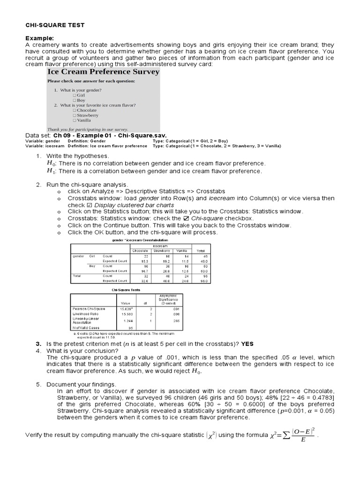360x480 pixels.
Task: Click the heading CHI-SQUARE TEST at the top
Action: (55, 25)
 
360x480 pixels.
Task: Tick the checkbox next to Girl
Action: (74, 95)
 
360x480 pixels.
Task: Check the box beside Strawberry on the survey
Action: (74, 115)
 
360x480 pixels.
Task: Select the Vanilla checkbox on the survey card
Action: (74, 120)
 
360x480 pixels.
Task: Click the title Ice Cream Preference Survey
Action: (104, 72)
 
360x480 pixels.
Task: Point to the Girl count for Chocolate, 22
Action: (146, 256)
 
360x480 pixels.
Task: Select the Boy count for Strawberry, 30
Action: (166, 266)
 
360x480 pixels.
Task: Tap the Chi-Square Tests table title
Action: (122, 290)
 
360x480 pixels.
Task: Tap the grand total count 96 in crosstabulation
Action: (205, 276)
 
